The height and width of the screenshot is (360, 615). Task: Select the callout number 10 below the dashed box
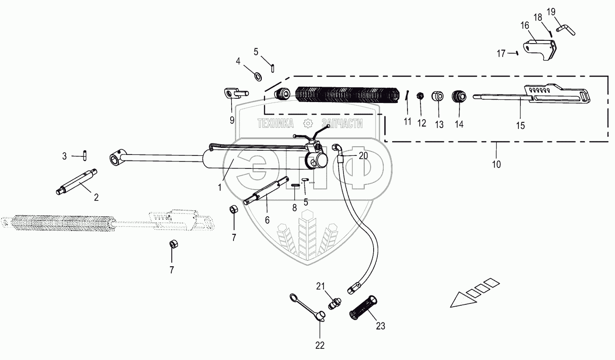497,164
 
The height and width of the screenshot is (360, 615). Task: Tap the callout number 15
521,126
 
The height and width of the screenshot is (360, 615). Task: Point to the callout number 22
320,345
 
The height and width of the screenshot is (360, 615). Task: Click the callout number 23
381,326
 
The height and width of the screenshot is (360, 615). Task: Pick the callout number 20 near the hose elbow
363,156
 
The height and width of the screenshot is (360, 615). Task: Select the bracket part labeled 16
539,48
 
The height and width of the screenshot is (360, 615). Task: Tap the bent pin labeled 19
568,29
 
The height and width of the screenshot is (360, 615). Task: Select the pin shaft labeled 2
78,182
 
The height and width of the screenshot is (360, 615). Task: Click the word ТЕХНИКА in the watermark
276,123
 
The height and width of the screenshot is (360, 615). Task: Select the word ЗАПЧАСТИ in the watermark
343,123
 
